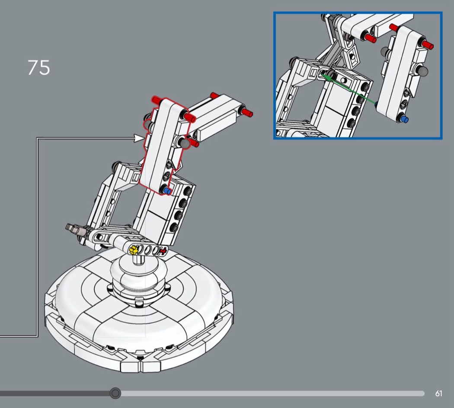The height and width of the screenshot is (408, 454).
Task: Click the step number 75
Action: point(39,68)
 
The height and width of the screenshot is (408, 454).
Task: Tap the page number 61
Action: point(439,394)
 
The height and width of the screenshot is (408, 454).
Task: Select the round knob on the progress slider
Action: point(115,393)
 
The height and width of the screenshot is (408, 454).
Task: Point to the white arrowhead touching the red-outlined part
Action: point(139,138)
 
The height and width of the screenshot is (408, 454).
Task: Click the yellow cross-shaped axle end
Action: point(134,249)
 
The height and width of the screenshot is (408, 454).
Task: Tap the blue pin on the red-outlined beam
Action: point(167,191)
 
